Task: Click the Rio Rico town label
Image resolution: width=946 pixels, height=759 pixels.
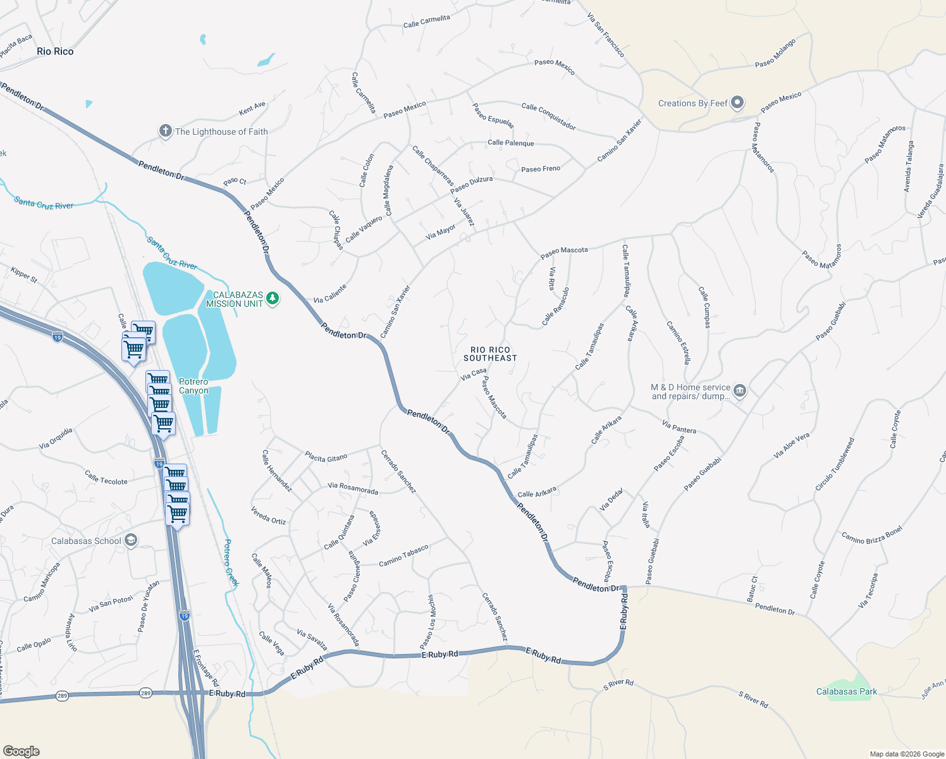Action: click(x=55, y=51)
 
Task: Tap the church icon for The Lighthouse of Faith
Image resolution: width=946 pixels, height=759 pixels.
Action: click(x=165, y=131)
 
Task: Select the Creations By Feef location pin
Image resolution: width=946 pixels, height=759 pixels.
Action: click(x=737, y=102)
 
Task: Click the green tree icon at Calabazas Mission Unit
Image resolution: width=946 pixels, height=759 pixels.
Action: click(x=273, y=298)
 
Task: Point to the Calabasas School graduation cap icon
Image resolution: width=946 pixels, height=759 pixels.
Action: click(x=131, y=540)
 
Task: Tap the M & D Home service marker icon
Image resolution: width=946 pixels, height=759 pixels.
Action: click(x=740, y=391)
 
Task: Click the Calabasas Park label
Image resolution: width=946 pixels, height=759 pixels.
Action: click(x=846, y=691)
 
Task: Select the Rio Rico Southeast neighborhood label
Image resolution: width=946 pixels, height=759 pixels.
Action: click(x=490, y=354)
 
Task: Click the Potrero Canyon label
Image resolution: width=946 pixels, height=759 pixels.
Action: click(x=193, y=386)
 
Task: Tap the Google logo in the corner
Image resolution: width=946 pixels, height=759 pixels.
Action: click(x=21, y=751)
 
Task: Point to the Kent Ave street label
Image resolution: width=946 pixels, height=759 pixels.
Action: click(x=252, y=109)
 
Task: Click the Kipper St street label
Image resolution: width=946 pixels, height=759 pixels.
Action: click(x=24, y=275)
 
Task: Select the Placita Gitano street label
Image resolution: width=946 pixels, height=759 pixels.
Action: click(x=326, y=457)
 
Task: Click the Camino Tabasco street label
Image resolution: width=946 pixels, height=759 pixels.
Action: click(x=403, y=555)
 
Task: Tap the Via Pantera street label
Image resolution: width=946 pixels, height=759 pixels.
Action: click(x=679, y=427)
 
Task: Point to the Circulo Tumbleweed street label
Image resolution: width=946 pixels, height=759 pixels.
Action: click(x=835, y=464)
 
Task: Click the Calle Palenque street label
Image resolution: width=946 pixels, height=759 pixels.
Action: click(x=510, y=143)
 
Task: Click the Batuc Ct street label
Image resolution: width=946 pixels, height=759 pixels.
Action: click(x=752, y=588)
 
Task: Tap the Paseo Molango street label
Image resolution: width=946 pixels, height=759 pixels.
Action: click(x=775, y=53)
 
